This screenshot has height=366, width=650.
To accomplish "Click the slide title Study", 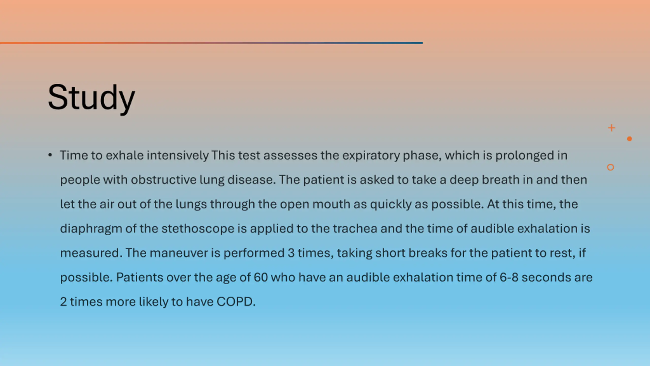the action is (91, 98).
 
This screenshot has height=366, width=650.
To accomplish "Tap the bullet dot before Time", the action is (50, 155).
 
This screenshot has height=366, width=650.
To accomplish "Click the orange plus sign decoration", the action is (612, 128).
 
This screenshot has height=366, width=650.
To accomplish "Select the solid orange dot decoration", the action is (629, 139).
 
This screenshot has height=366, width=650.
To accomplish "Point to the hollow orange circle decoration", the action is (610, 167).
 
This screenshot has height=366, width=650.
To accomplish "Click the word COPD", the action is (236, 302).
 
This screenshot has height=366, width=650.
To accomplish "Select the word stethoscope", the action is (198, 228).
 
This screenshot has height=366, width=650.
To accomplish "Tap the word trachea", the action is (355, 228).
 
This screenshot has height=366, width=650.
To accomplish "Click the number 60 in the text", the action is (261, 277).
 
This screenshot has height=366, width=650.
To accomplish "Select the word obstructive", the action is (164, 180).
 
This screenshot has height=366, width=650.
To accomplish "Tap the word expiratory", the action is (371, 155).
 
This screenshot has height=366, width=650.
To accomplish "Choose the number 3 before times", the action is (291, 253).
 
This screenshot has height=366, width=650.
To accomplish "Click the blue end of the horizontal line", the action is (422, 43).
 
